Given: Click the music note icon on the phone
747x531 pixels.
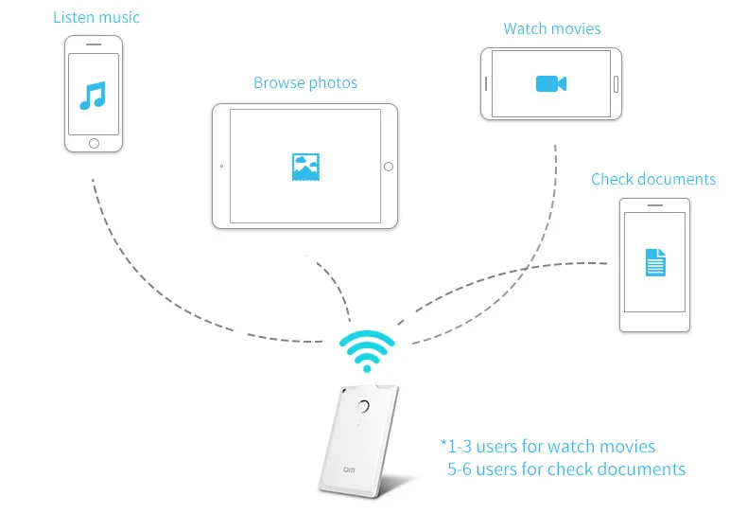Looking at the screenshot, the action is (93, 95).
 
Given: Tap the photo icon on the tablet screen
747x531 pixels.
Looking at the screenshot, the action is (304, 167).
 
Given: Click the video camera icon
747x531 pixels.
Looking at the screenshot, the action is (550, 83).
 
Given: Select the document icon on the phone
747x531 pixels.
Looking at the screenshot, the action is (655, 262).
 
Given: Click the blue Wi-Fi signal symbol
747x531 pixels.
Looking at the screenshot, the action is (367, 351).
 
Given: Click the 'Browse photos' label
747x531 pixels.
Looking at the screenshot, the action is (305, 83).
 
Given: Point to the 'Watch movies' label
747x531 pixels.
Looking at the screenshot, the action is (552, 28).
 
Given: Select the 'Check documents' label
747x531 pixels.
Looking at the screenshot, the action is (653, 179).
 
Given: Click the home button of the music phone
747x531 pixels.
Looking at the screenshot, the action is (94, 143).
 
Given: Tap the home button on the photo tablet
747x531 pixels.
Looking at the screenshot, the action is (388, 167).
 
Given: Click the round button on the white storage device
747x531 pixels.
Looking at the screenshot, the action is (363, 407).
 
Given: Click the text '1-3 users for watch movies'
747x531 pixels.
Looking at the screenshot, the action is (551, 446).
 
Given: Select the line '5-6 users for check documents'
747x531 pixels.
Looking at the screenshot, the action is (566, 469).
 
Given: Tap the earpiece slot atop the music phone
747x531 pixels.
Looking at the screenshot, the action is (94, 44).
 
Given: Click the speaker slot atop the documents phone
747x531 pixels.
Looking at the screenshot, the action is (654, 204).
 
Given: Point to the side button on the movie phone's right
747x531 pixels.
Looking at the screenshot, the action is (615, 84).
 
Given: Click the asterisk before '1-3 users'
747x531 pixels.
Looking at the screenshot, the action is (443, 443).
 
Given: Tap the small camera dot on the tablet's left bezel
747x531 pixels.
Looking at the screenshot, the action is (221, 167).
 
